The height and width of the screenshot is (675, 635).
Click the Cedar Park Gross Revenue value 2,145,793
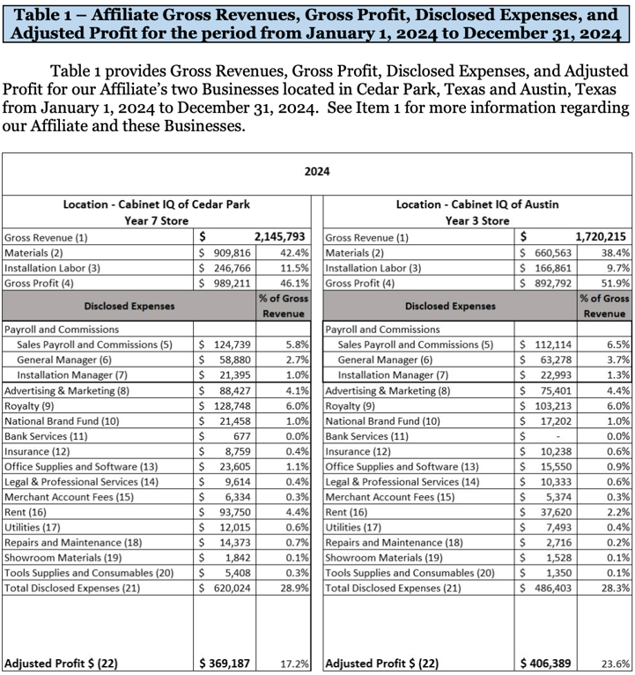coord(280,237)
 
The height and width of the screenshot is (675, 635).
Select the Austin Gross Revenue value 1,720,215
coord(602,237)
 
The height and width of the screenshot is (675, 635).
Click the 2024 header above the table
coord(317,171)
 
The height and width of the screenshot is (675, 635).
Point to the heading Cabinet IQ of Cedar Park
coord(157,204)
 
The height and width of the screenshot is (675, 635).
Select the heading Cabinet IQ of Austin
coord(477,204)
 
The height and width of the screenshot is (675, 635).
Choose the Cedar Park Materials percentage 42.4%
coord(294,252)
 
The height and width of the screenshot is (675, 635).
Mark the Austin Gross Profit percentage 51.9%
coord(616,283)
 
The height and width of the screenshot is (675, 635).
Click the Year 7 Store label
coord(157,220)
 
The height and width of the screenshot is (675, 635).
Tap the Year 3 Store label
coord(477,220)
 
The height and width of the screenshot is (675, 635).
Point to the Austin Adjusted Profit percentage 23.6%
coord(614,664)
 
